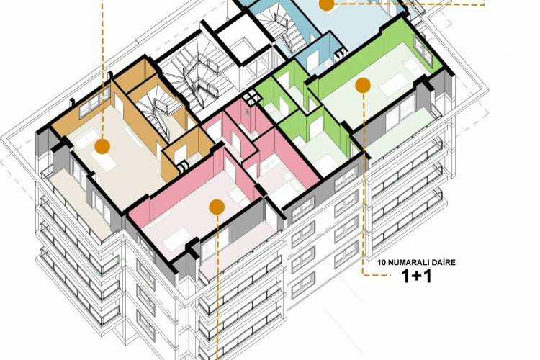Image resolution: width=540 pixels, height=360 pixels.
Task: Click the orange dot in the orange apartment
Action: [102, 147]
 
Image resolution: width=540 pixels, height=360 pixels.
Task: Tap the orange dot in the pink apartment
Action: [215, 207]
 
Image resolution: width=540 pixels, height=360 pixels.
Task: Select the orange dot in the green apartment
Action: [361, 85]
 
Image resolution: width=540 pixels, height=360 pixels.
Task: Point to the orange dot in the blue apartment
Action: [325, 4]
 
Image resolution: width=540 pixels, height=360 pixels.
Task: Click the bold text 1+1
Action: [415, 277]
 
